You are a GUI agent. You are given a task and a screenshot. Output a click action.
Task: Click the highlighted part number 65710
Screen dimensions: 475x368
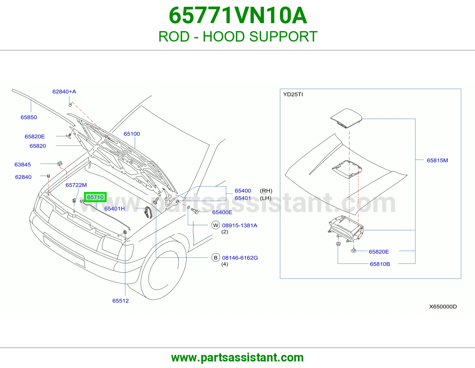pyautogui.click(x=95, y=197)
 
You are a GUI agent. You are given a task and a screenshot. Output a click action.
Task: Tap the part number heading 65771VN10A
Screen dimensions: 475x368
pyautogui.click(x=238, y=15)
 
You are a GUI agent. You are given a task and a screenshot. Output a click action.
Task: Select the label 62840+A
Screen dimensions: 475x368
pyautogui.click(x=64, y=92)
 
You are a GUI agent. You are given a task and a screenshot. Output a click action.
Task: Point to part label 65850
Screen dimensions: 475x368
pyautogui.click(x=28, y=117)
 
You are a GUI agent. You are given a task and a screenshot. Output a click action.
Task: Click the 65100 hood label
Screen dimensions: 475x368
pyautogui.click(x=132, y=134)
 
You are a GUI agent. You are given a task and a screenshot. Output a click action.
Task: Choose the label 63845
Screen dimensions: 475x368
pyautogui.click(x=23, y=164)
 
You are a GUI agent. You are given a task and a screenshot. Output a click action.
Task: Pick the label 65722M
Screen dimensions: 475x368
pyautogui.click(x=76, y=185)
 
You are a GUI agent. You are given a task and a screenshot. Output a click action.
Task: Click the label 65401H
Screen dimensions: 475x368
pyautogui.click(x=115, y=209)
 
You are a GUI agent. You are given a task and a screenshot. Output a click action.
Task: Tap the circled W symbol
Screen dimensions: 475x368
pyautogui.click(x=216, y=225)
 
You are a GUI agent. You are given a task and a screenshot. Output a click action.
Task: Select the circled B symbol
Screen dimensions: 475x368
pyautogui.click(x=216, y=258)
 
